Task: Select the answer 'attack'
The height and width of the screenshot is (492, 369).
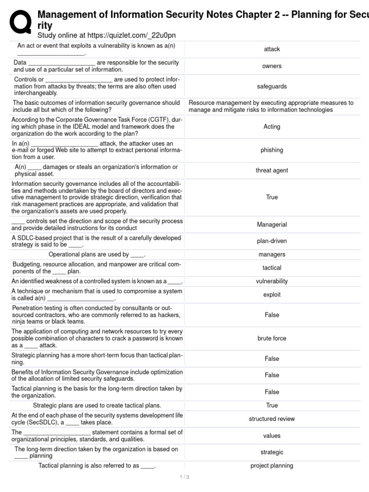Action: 272,49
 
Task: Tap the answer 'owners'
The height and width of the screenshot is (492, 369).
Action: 272,66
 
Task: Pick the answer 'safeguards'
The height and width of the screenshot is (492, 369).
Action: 272,86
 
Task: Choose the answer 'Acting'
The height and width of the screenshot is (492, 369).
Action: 272,127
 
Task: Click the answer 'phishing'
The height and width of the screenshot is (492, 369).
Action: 272,150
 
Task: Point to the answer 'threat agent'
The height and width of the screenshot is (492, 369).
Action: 272,171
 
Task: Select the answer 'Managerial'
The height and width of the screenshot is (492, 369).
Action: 272,224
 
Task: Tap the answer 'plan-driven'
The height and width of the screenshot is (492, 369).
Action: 272,241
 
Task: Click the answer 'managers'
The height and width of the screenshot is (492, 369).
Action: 272,255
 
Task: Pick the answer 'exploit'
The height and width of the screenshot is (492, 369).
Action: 272,295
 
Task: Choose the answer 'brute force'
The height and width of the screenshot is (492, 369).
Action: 272,338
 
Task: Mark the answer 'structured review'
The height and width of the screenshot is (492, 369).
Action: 272,419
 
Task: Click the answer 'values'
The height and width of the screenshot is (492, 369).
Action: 272,436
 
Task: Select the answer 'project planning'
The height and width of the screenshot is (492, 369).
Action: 272,466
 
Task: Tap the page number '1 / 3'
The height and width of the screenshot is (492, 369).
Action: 184,477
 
